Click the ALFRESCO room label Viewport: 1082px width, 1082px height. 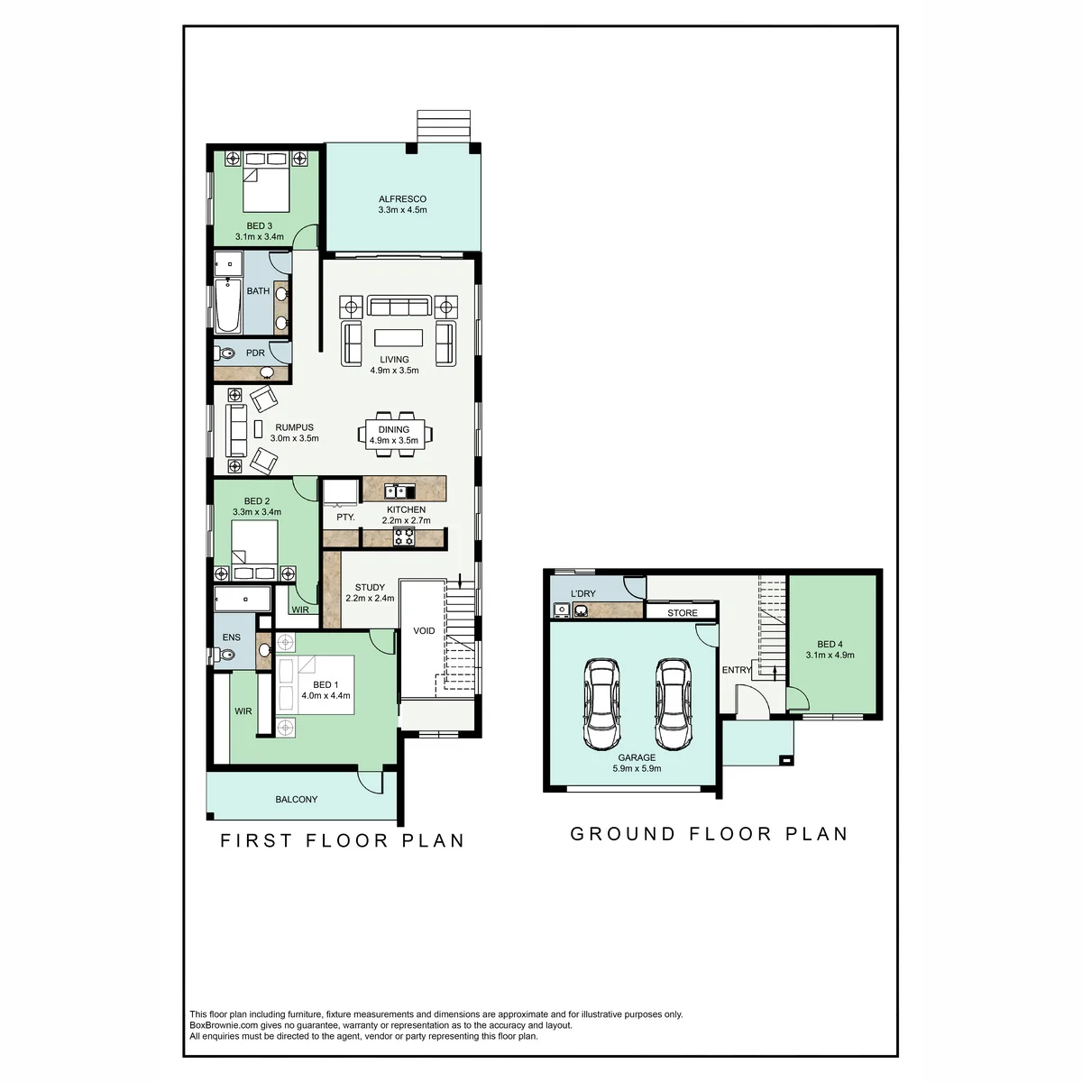402,198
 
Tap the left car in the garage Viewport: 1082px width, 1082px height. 601,703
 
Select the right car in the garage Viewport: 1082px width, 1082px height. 674,703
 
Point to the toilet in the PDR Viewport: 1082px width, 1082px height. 225,353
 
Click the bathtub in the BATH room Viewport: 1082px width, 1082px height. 228,306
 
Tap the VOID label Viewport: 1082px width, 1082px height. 424,630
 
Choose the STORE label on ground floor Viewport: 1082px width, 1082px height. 683,613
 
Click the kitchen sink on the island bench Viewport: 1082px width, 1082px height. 399,492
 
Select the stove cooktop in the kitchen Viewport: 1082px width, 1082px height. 403,537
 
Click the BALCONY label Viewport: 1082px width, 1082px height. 297,799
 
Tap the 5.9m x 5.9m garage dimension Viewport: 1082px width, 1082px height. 637,769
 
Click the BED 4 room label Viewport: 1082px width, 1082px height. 830,644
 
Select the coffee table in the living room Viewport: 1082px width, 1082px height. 399,337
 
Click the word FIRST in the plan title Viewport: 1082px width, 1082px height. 257,840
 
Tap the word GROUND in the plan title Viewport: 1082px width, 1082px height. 623,834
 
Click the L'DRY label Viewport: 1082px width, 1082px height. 582,593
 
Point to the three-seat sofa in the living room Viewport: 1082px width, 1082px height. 399,306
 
